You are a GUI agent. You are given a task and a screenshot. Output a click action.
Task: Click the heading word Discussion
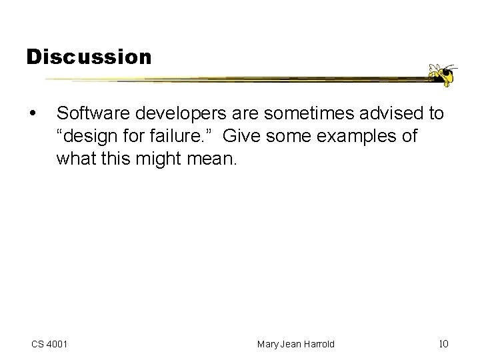[x=89, y=57]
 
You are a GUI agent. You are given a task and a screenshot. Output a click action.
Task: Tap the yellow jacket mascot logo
[x=441, y=74]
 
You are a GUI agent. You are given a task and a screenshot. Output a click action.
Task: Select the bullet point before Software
[x=33, y=114]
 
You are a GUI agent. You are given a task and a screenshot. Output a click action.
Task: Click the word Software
[x=88, y=114]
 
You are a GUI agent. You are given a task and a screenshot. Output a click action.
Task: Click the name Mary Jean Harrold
[x=296, y=344]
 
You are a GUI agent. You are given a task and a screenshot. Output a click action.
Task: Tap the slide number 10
[x=443, y=344]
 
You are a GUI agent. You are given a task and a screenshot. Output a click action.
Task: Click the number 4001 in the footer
[x=59, y=344]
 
